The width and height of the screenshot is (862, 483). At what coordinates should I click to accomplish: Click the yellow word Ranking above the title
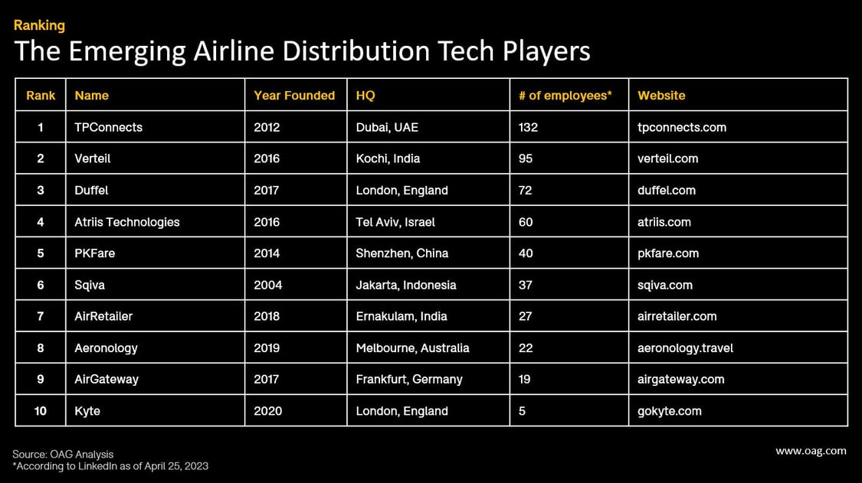pos(39,25)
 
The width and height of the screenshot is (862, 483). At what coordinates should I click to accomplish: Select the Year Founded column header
pos(294,96)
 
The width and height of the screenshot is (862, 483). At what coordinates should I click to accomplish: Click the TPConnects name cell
pos(108,127)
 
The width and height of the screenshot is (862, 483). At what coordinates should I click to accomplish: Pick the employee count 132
pos(528,127)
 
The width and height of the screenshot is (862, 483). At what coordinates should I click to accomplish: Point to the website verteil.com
pos(667,158)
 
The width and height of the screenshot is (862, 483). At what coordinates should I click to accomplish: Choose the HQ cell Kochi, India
pos(388,158)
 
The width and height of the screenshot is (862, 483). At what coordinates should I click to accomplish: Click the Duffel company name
pos(91,190)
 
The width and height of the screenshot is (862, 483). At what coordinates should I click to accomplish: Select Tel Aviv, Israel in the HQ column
pos(395,222)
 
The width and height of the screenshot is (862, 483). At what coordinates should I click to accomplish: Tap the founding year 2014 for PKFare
pos(267,253)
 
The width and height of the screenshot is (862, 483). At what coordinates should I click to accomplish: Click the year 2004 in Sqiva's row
pos(267,285)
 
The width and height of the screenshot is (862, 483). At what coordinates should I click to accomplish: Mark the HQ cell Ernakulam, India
pos(402,316)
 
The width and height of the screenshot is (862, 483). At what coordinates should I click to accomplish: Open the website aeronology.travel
pos(685,348)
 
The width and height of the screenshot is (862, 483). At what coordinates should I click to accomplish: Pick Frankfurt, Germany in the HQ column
pos(409,379)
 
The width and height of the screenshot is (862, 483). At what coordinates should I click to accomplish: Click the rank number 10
pos(41,411)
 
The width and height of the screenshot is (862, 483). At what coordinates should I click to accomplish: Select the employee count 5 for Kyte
pos(522,411)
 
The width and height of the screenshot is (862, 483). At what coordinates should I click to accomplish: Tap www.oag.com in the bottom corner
pos(811,451)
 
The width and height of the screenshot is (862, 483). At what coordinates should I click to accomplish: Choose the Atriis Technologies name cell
pos(127,222)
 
